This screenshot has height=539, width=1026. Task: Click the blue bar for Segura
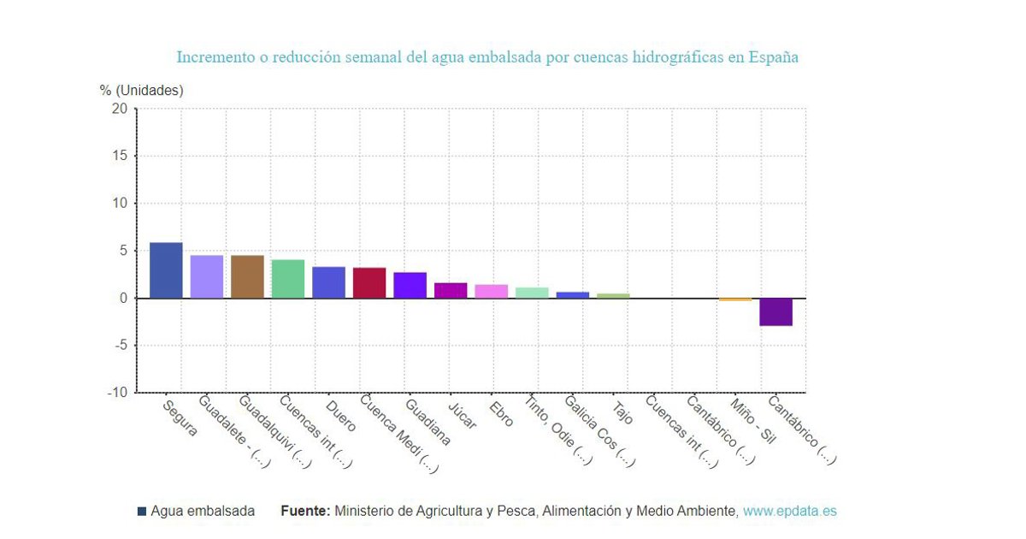coord(166,270)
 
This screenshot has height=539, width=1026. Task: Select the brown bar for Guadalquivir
coord(247,276)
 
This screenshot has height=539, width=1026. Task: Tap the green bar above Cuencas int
coord(288,279)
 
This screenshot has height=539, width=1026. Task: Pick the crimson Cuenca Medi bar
coord(369,282)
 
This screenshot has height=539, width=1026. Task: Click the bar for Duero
coord(328,282)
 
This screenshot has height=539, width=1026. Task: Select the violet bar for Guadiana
coord(410,285)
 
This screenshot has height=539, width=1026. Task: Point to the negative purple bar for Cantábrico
coord(775,312)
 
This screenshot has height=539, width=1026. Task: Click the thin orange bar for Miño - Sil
coord(734,299)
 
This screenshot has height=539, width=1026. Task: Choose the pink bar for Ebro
coord(491,291)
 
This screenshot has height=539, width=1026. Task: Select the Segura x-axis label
coord(180,418)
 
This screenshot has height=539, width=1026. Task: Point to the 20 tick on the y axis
coord(119,109)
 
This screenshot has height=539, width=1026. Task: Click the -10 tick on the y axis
coord(116,393)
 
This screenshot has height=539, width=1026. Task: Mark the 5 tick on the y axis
coord(123,251)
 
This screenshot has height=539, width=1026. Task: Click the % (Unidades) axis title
coord(141,90)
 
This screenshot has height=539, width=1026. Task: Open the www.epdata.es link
coord(789,511)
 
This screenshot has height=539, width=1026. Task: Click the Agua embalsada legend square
coord(142,512)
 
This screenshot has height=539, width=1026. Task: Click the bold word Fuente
coord(304,511)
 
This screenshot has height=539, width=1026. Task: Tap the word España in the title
coord(773,57)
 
